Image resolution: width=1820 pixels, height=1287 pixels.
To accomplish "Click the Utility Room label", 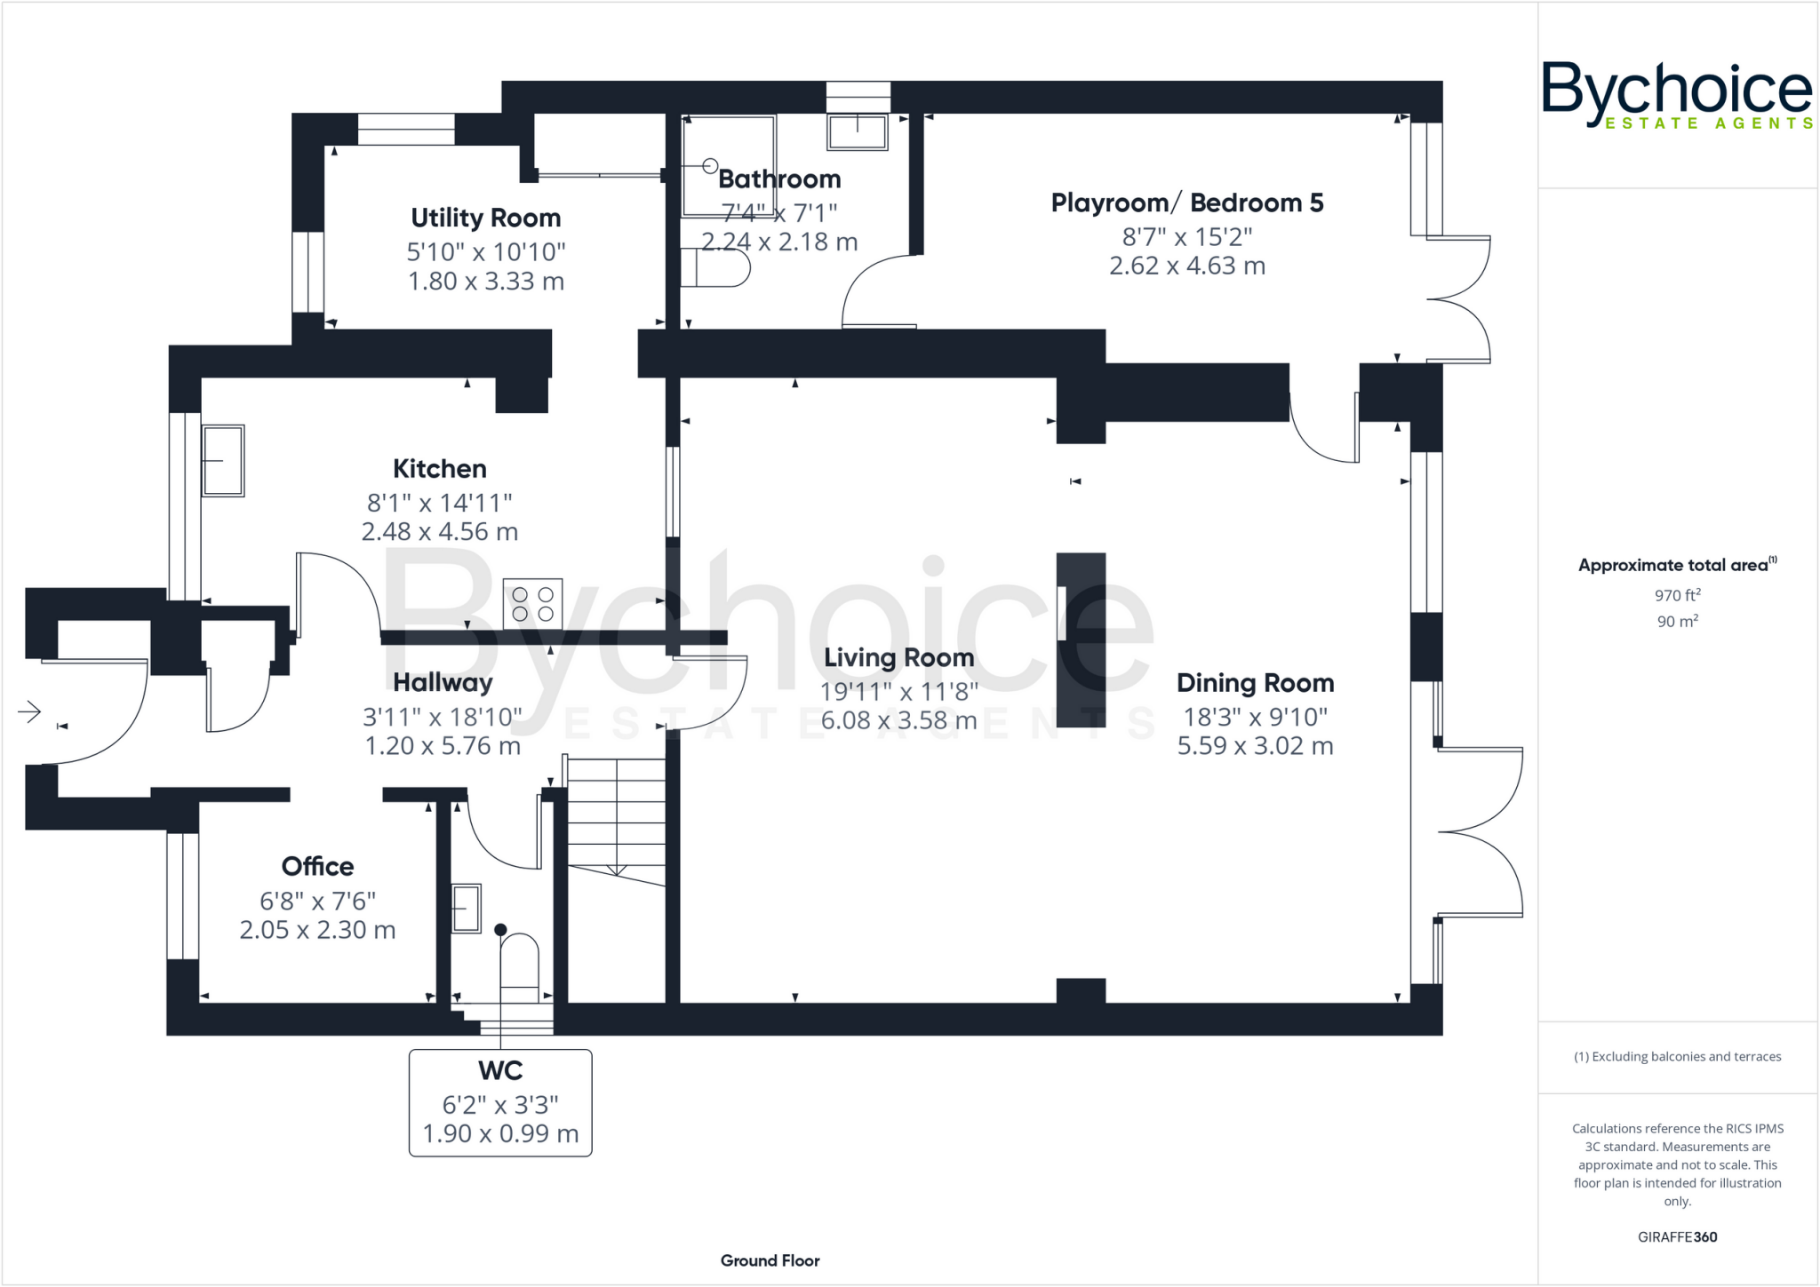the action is [485, 218].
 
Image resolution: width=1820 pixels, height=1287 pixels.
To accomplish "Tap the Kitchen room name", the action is [439, 469].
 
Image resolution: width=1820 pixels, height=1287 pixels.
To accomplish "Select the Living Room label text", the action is [898, 657].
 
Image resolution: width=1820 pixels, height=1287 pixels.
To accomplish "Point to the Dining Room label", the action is [1255, 683].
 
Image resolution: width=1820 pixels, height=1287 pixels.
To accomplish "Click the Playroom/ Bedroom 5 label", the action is [1186, 203].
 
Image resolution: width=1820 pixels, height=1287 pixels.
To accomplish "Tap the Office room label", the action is [317, 866].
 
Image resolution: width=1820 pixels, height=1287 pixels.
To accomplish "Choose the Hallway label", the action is [443, 682].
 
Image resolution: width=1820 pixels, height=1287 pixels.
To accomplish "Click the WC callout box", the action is [500, 1102].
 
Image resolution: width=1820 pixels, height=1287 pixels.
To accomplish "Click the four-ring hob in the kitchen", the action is [532, 604].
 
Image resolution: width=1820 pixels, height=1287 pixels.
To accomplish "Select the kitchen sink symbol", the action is [222, 460].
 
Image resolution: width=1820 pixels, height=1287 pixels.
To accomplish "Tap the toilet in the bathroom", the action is [715, 267].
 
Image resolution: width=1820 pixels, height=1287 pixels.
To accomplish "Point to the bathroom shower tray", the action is [728, 166].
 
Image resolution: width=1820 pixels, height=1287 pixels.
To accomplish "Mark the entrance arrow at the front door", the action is [29, 711].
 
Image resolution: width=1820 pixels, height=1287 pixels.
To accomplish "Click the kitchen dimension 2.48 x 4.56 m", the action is [439, 532].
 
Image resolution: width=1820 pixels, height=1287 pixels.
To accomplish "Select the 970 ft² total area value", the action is [1677, 595].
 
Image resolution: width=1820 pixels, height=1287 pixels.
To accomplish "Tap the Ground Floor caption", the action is [770, 1260].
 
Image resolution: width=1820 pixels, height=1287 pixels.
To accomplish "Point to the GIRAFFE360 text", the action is [1677, 1236].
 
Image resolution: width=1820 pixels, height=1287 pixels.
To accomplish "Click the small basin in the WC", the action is [467, 908].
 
